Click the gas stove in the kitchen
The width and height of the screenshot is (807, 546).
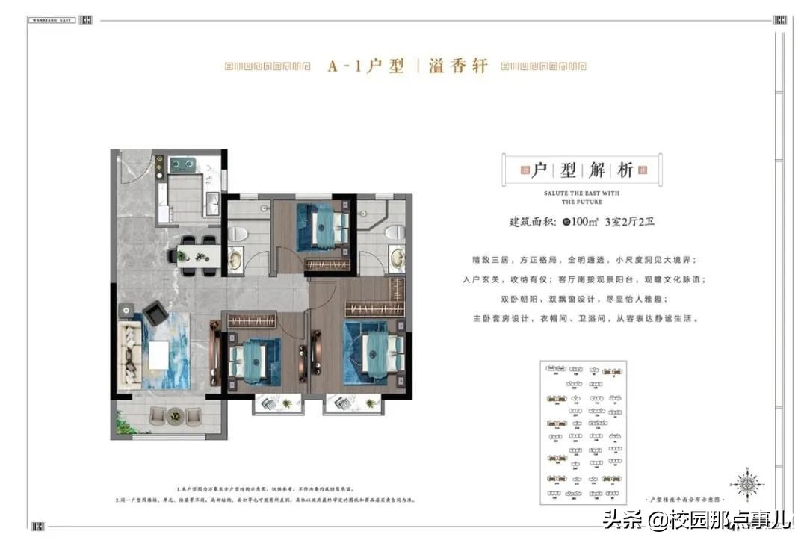pyautogui.click(x=182, y=165)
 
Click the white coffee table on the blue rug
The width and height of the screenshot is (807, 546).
pyautogui.click(x=158, y=354)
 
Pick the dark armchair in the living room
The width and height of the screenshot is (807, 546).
pyautogui.click(x=155, y=314)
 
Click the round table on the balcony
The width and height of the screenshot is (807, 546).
pyautogui.click(x=175, y=413)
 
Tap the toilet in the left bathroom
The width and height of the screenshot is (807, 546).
pyautogui.click(x=238, y=233)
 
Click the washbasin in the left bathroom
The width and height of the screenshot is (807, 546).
pyautogui.click(x=235, y=260)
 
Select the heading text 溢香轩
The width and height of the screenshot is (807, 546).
pyautogui.click(x=458, y=66)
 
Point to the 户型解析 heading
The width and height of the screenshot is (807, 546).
pyautogui.click(x=581, y=170)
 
